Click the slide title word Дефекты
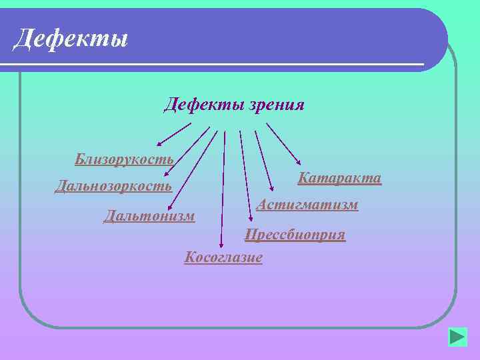tap(71, 38)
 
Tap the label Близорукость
tap(125, 159)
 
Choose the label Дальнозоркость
tap(113, 186)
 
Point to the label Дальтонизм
tap(149, 215)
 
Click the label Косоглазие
tap(223, 257)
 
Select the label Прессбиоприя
tap(295, 235)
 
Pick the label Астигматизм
tap(307, 205)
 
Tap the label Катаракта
tap(339, 178)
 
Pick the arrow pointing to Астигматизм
tap(264, 160)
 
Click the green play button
tap(457, 336)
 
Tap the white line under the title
tap(213, 63)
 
